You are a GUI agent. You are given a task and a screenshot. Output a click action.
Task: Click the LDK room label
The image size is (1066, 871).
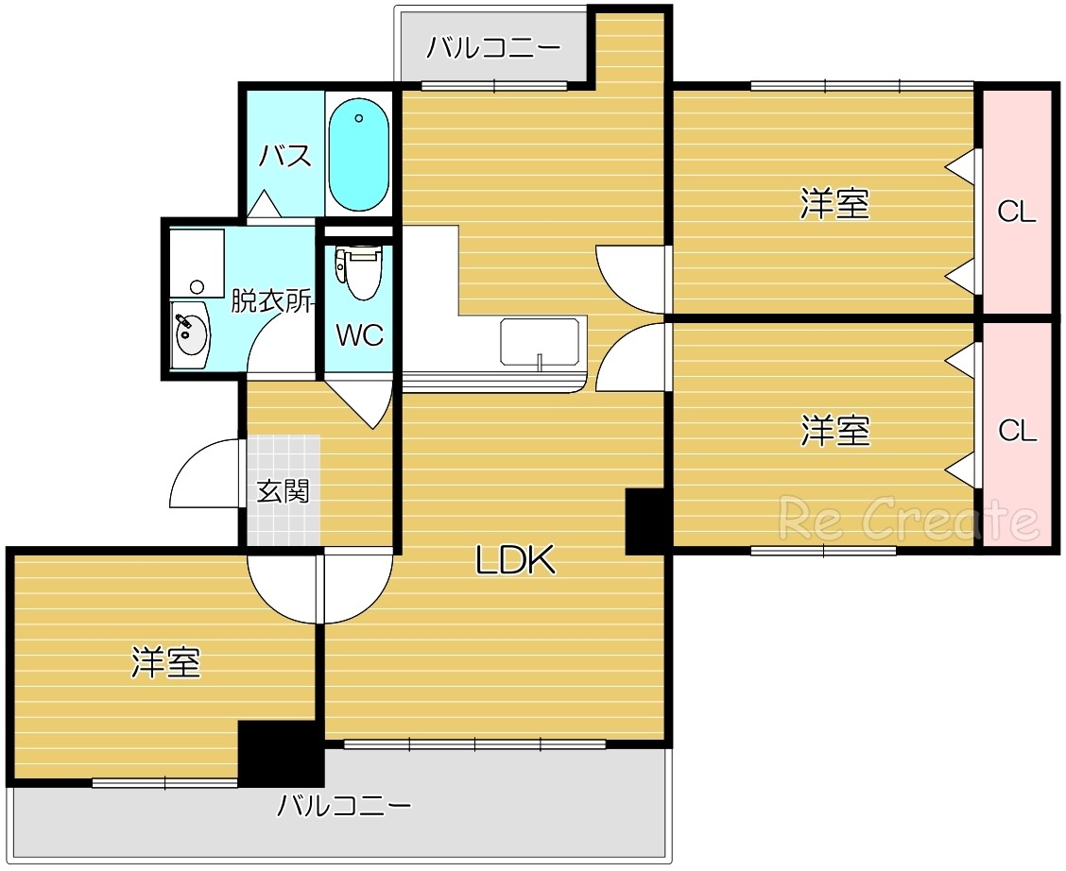tap(513, 561)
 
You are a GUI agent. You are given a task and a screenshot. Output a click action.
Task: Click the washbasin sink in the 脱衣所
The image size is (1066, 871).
tap(190, 333)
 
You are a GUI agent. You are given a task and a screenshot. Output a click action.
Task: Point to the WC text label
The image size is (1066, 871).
tap(360, 334)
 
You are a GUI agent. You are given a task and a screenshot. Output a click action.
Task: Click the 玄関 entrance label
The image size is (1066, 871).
tap(284, 491)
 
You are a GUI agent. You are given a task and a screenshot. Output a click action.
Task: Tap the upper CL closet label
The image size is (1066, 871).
tap(1017, 213)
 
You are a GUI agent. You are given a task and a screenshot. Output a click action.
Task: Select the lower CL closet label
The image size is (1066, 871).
tap(1017, 431)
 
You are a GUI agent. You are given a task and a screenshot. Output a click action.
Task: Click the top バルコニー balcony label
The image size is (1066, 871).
tap(492, 47)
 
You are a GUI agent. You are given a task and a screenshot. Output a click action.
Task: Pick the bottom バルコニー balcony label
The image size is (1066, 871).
tap(344, 806)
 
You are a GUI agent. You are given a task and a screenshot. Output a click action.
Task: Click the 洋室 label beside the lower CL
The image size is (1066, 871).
tap(834, 431)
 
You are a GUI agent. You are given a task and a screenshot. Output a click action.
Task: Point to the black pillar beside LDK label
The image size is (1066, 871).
tap(647, 521)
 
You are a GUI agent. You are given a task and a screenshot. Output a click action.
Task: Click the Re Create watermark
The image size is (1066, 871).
tap(907, 519)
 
